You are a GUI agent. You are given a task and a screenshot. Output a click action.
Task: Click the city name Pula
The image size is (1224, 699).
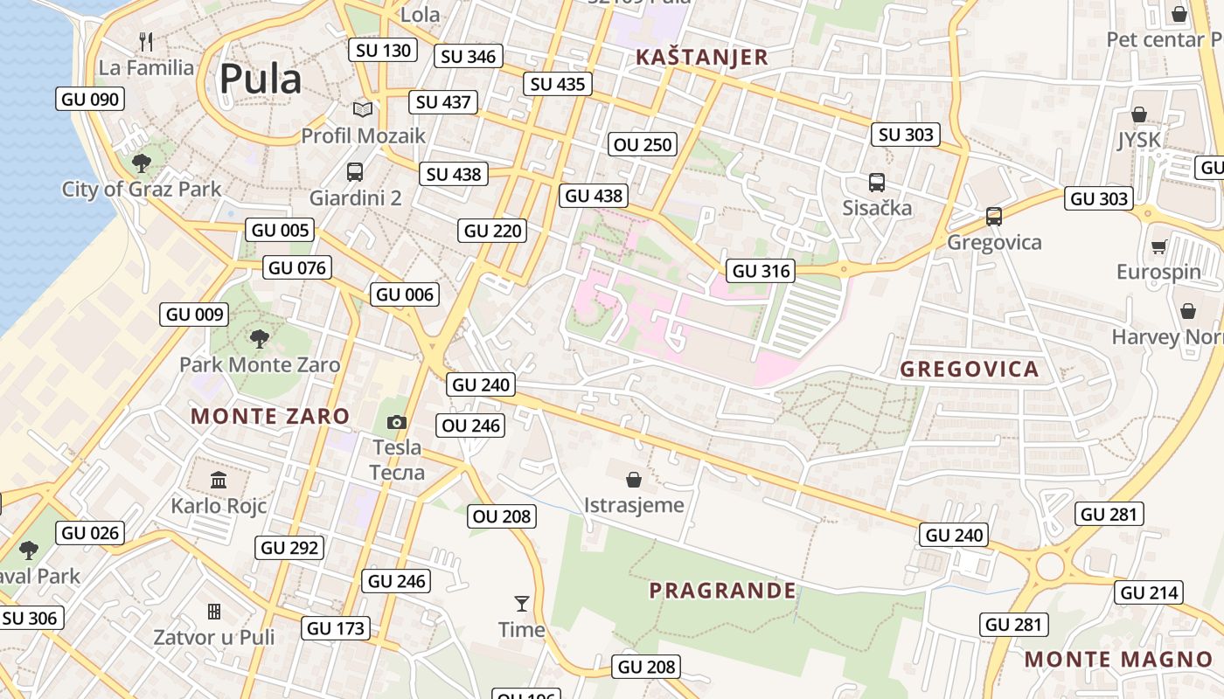pos(260,80)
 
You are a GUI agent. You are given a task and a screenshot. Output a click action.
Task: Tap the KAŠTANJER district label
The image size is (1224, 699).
pos(702,58)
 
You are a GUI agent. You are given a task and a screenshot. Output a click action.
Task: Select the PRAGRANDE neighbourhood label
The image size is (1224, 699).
pos(722,591)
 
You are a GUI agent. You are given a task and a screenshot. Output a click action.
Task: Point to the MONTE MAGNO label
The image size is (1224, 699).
pos(1119,660)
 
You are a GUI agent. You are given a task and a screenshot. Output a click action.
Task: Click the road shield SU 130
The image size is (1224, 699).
pos(384,50)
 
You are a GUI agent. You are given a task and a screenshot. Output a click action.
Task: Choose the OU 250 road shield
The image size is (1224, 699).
pos(643,144)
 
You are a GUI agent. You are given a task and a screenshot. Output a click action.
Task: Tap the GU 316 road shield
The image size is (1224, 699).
pos(761,271)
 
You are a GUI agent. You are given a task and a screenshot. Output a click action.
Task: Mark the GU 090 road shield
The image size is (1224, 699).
pos(90,99)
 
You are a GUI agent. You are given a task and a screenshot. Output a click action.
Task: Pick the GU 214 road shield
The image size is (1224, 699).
pos(1149,593)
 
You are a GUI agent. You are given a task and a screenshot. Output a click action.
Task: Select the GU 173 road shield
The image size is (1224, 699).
pos(337,628)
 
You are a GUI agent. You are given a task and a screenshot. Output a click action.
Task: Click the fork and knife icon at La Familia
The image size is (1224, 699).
pos(146,41)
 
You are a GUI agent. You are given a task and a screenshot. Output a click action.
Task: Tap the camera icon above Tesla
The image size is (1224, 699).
pos(397,423)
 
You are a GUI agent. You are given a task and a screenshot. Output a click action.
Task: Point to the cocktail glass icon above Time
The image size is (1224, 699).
pos(522,603)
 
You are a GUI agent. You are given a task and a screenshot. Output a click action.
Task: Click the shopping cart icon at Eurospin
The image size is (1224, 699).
pos(1159,247)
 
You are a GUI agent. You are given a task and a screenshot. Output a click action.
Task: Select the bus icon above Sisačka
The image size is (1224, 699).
pos(877,183)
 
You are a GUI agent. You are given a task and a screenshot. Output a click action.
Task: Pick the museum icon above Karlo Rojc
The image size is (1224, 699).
pos(219,480)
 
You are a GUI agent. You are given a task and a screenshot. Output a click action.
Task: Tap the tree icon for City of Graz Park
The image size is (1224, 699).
pos(141,163)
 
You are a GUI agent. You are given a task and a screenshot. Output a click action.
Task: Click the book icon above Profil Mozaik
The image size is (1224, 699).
pos(363,110)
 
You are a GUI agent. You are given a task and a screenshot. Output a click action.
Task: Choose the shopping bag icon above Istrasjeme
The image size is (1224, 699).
pos(634,480)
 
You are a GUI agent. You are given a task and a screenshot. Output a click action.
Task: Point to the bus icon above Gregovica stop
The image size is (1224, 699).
pos(994,216)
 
